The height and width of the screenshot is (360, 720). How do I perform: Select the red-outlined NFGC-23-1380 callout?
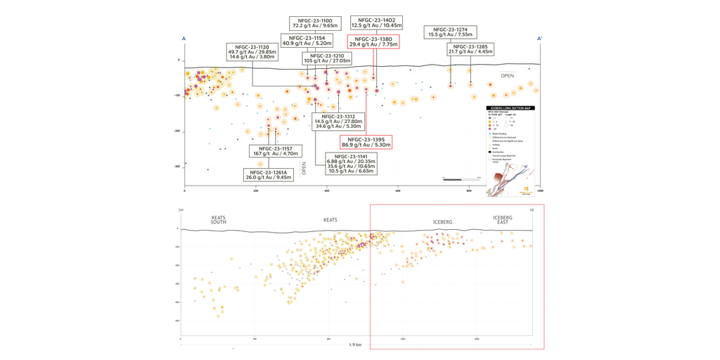(x=373, y=41)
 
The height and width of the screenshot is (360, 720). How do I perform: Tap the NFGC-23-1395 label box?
(x=366, y=142)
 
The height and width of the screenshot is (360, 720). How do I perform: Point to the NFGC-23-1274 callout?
(x=450, y=32)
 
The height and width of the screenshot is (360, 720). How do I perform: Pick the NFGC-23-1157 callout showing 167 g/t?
(x=276, y=151)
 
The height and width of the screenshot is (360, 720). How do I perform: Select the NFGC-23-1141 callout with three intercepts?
(x=351, y=164)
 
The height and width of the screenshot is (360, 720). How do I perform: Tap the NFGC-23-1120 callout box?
(x=251, y=51)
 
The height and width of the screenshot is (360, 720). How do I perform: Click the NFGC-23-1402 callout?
(x=376, y=22)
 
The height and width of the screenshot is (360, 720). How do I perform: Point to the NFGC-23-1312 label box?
(x=339, y=121)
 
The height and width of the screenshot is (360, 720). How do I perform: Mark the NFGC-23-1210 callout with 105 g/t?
(x=327, y=58)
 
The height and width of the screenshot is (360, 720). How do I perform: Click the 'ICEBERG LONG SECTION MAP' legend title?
(x=510, y=108)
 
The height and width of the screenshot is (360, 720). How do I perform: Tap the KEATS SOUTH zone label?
(x=219, y=220)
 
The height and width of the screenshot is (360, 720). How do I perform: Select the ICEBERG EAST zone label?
(x=503, y=220)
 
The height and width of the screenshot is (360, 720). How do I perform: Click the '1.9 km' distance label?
(x=355, y=345)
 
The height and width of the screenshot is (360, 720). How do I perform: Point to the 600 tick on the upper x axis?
(x=398, y=191)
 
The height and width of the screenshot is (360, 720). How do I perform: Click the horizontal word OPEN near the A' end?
(x=507, y=75)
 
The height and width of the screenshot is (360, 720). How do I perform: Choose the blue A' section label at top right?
(x=539, y=39)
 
